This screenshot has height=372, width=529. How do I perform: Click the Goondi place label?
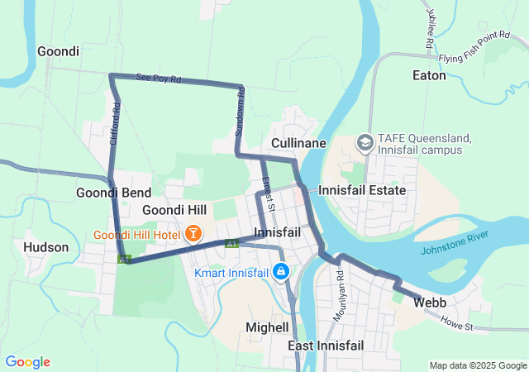click(58, 51)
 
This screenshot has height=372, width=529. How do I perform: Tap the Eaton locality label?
click(429, 75)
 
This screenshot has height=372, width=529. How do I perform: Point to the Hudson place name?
click(46, 246)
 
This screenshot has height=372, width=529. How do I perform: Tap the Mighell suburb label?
click(267, 327)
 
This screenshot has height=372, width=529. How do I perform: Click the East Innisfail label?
click(326, 345)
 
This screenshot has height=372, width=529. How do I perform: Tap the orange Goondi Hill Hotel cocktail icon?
click(193, 234)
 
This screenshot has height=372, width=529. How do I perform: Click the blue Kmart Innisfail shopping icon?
click(281, 272)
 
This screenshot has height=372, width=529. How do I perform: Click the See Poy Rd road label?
click(158, 78)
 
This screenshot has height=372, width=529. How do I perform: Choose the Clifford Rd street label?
click(116, 124)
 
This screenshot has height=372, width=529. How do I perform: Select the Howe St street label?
click(455, 323)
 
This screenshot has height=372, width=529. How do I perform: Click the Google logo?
click(27, 362)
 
